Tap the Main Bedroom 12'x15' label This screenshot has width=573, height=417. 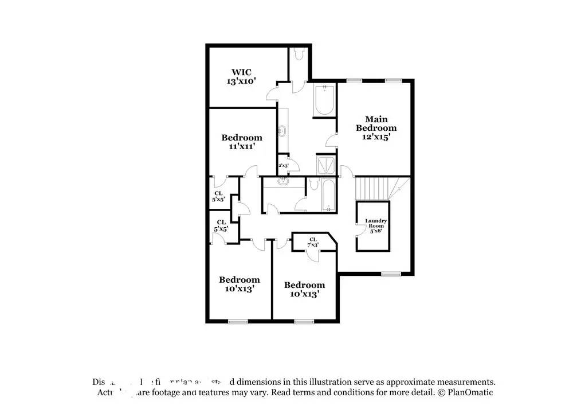pos(376,128)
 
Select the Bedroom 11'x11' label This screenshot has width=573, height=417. pos(242,142)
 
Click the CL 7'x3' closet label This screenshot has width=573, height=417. pos(313,242)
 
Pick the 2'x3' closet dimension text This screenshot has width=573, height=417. pos(283,166)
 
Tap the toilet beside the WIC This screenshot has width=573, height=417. pos(299,54)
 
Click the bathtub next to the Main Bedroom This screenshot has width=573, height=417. pos(324,100)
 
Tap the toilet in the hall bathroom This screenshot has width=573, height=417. pos(313,185)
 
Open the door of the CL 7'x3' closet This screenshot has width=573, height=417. pos(313,256)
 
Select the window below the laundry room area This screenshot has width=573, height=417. pos(390,274)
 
